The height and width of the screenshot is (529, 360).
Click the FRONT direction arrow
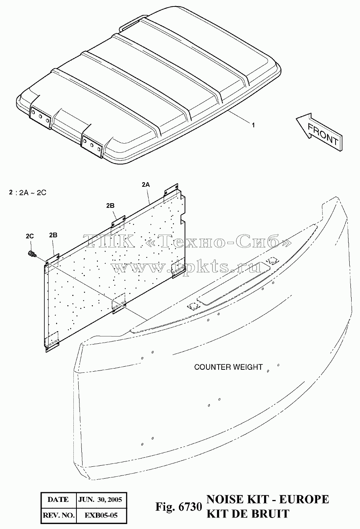(x=319, y=132)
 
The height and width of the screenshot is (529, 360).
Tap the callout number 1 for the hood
(x=253, y=125)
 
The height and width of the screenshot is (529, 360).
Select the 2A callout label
(x=146, y=185)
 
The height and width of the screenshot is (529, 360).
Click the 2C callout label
(x=30, y=236)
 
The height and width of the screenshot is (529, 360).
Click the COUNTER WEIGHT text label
(x=229, y=367)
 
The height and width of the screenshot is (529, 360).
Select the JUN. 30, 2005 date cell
(x=100, y=499)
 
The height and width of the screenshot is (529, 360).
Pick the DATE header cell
(x=58, y=499)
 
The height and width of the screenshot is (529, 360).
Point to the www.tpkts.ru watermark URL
(x=186, y=267)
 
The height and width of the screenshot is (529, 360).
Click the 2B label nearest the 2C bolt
(x=53, y=235)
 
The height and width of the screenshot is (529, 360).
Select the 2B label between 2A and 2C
(x=110, y=206)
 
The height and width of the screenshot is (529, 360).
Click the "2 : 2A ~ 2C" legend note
(x=28, y=193)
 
